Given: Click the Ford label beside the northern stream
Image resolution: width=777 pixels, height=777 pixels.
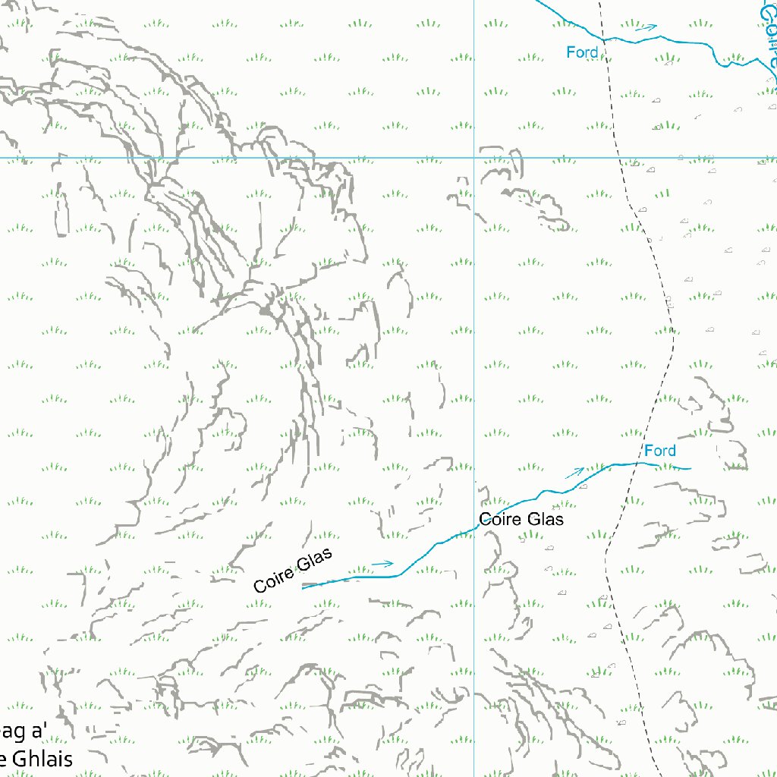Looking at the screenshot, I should coord(583,52).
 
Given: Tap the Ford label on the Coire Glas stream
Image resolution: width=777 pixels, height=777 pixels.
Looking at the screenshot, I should coord(659,451).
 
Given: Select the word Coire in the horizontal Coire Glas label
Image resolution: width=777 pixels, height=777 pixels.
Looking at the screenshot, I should coord(498,520).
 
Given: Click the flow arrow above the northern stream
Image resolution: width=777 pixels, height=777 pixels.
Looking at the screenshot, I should coord(646,27).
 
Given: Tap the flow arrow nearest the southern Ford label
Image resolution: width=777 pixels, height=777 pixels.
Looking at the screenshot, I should coord(575,473).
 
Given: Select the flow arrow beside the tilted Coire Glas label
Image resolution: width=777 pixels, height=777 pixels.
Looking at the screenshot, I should coord(383,564).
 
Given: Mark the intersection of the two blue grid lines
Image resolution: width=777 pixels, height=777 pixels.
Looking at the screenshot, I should coord(474,159).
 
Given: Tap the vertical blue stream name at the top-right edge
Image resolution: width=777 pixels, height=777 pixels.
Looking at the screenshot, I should coord(769,38).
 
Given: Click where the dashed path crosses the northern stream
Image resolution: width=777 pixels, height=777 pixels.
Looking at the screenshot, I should coord(603,39).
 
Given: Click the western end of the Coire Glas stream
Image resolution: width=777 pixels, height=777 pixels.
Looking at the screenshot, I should coord(303,587).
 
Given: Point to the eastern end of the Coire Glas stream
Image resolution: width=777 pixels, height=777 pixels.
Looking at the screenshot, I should coord(690,469).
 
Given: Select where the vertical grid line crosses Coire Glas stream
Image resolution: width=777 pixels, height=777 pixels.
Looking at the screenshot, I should coord(474,527).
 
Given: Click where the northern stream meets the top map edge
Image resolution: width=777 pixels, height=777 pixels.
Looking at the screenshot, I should coord(537,1).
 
